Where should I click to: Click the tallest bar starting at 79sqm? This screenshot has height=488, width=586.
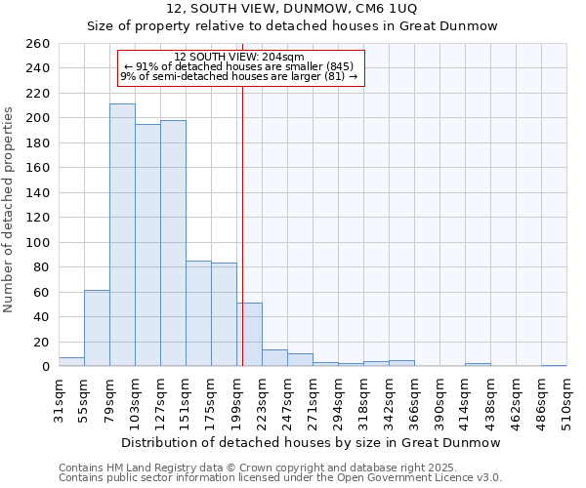pyautogui.click(x=122, y=235)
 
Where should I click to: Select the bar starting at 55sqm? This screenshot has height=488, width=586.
pyautogui.click(x=97, y=328)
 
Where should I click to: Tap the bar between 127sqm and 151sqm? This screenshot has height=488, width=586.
pyautogui.click(x=173, y=243)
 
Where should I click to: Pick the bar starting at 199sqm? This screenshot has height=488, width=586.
pyautogui.click(x=249, y=335)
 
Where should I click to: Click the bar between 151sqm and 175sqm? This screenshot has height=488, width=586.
pyautogui.click(x=198, y=313)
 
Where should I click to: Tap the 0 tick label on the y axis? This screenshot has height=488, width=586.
pyautogui.click(x=45, y=366)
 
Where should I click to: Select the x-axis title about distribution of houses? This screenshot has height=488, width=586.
pyautogui.click(x=313, y=442)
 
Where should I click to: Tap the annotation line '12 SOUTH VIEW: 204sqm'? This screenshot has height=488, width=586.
pyautogui.click(x=239, y=57)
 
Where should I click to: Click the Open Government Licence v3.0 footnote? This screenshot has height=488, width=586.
pyautogui.click(x=280, y=477)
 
